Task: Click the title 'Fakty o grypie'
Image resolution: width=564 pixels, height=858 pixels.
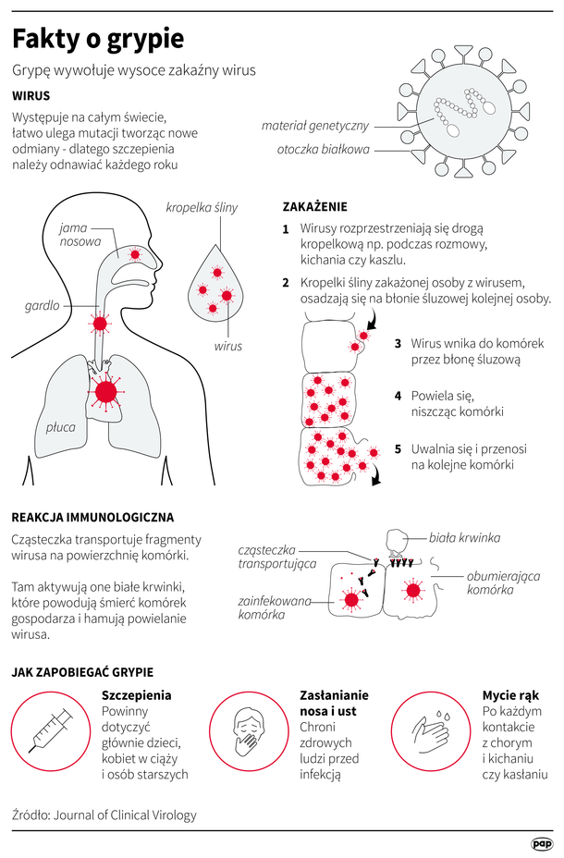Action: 98,40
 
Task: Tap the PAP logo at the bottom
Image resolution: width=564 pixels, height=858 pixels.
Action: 541,844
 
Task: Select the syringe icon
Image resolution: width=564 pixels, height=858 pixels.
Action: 51,730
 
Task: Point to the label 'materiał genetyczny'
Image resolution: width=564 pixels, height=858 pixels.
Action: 315,126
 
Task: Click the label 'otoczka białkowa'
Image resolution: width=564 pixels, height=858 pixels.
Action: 324,150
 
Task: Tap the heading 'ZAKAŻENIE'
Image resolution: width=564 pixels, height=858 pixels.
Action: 314,207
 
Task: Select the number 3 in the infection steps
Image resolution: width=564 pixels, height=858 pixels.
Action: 398,344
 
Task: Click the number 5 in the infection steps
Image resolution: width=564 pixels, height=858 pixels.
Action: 398,449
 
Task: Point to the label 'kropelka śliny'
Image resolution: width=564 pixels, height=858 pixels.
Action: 202,208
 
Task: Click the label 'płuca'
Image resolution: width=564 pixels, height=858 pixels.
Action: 61,427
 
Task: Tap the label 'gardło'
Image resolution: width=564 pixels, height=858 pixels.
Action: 43,305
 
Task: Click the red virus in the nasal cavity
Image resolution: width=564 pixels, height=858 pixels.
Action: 135,254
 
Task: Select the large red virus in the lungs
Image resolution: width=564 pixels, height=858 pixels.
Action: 106,392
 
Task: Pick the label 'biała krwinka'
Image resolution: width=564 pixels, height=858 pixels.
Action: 464,538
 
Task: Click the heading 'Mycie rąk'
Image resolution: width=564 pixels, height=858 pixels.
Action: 510,695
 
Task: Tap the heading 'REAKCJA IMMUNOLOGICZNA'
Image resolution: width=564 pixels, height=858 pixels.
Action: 92,517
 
